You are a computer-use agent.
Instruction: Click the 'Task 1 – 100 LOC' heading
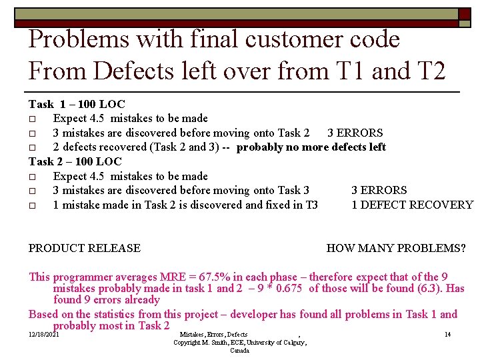pos(77,104)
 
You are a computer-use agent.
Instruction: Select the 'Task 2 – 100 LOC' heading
pos(75,161)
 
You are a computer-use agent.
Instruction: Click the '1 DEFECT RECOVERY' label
pos(412,205)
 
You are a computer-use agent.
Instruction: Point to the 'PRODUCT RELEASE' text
pos(85,249)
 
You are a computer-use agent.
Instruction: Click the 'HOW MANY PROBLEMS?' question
pos(396,249)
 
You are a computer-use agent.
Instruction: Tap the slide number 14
pos(447,334)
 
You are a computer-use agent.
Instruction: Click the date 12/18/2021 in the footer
pos(44,334)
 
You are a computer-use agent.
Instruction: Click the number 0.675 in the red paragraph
pos(287,288)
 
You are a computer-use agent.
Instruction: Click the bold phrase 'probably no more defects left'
pos(311,147)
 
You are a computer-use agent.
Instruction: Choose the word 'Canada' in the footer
pos(240,351)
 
